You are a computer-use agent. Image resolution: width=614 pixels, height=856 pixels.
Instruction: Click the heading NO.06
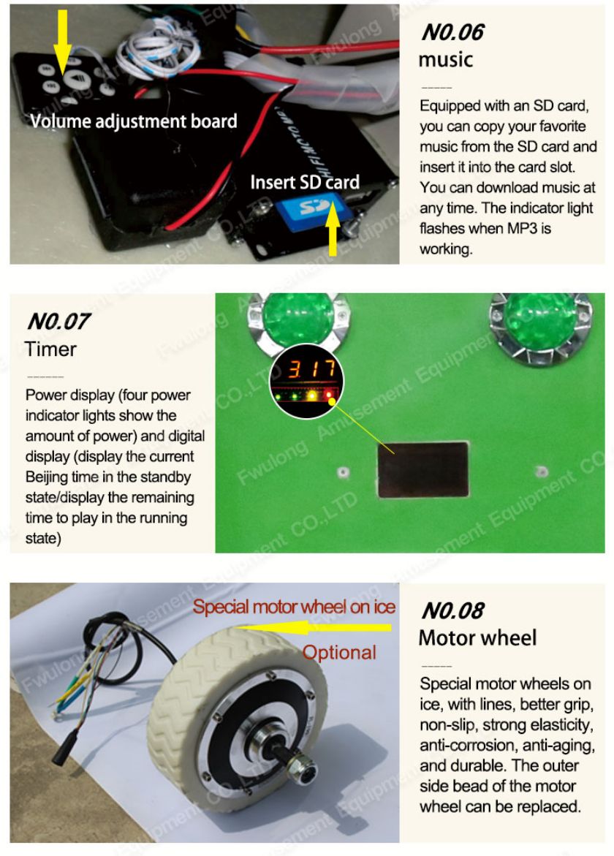tap(452, 32)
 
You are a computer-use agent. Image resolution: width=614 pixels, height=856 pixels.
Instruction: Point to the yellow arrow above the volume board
tap(62, 41)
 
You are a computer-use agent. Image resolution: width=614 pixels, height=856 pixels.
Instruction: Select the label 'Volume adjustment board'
tap(134, 121)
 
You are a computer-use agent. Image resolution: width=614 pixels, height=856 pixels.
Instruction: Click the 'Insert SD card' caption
tap(305, 182)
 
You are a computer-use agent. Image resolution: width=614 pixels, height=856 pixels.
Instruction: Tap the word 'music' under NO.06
tap(445, 59)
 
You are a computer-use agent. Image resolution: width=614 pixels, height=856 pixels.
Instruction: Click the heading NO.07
tap(58, 321)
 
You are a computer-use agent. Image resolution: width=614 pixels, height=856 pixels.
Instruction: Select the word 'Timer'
tap(50, 349)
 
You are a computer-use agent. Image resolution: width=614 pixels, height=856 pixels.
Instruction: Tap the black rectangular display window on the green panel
tap(423, 469)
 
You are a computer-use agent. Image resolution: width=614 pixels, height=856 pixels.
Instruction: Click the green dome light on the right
tap(539, 322)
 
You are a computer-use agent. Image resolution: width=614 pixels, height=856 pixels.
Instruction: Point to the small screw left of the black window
tap(343, 471)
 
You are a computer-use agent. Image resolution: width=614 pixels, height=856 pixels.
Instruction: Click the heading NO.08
tap(452, 610)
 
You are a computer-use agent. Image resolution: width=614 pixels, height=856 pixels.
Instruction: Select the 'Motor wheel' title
tap(477, 637)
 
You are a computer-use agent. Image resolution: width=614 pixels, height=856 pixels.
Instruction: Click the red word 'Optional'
tap(339, 652)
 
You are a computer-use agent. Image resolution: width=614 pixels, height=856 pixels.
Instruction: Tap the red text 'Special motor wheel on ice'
tap(294, 607)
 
